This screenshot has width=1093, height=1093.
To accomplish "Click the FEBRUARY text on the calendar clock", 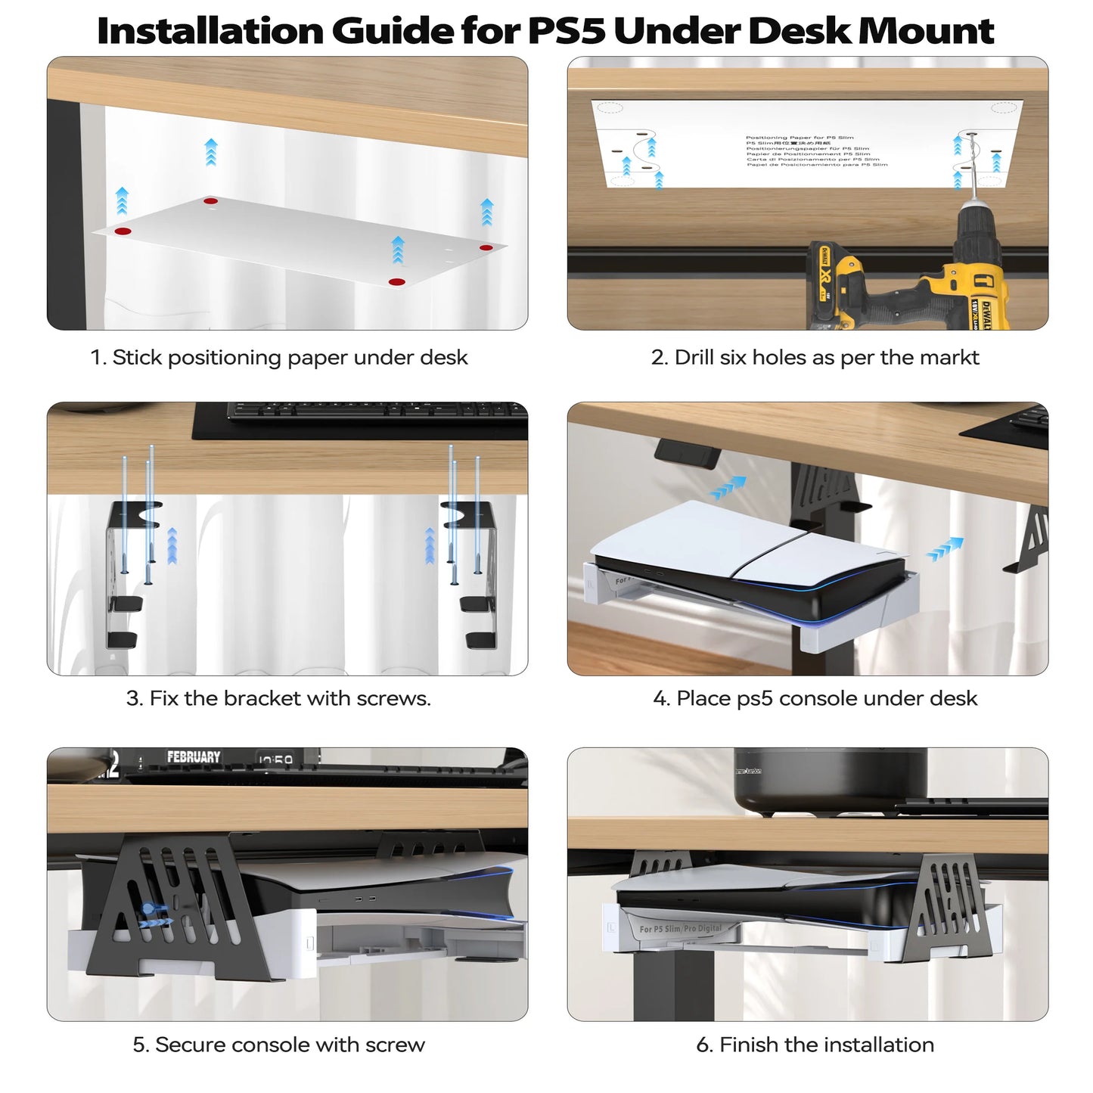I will [x=194, y=757].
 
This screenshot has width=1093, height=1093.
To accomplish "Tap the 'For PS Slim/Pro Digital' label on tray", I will [x=681, y=928].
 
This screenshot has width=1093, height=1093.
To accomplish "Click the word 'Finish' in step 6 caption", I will [x=749, y=1045].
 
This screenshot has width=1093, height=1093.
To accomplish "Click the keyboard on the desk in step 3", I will [x=377, y=411].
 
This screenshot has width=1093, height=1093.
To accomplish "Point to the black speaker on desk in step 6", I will [x=829, y=779].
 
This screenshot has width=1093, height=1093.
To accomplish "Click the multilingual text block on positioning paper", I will [x=816, y=151].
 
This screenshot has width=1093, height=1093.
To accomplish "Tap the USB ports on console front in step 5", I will [x=362, y=899].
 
